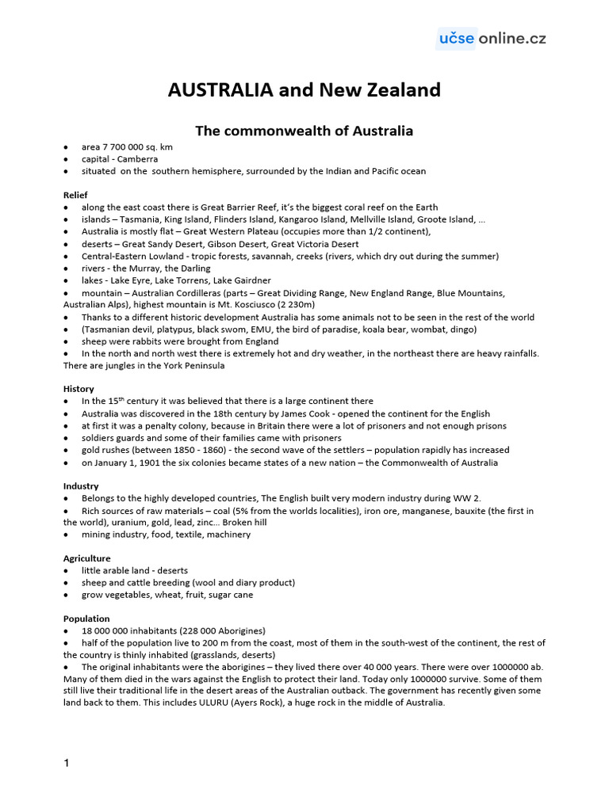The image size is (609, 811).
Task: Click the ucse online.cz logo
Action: [492, 38]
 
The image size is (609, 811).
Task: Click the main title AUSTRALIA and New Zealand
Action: [304, 90]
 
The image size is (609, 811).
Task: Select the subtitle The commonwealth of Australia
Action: [304, 131]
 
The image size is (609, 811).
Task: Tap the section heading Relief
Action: [75, 195]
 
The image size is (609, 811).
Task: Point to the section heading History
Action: [79, 389]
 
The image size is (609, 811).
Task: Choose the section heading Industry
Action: [81, 485]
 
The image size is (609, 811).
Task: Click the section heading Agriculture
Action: [86, 558]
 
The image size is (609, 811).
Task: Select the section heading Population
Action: [86, 619]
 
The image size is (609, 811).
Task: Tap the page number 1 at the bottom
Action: [67, 763]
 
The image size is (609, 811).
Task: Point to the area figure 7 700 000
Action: [128, 147]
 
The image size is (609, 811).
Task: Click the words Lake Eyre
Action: [132, 280]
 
